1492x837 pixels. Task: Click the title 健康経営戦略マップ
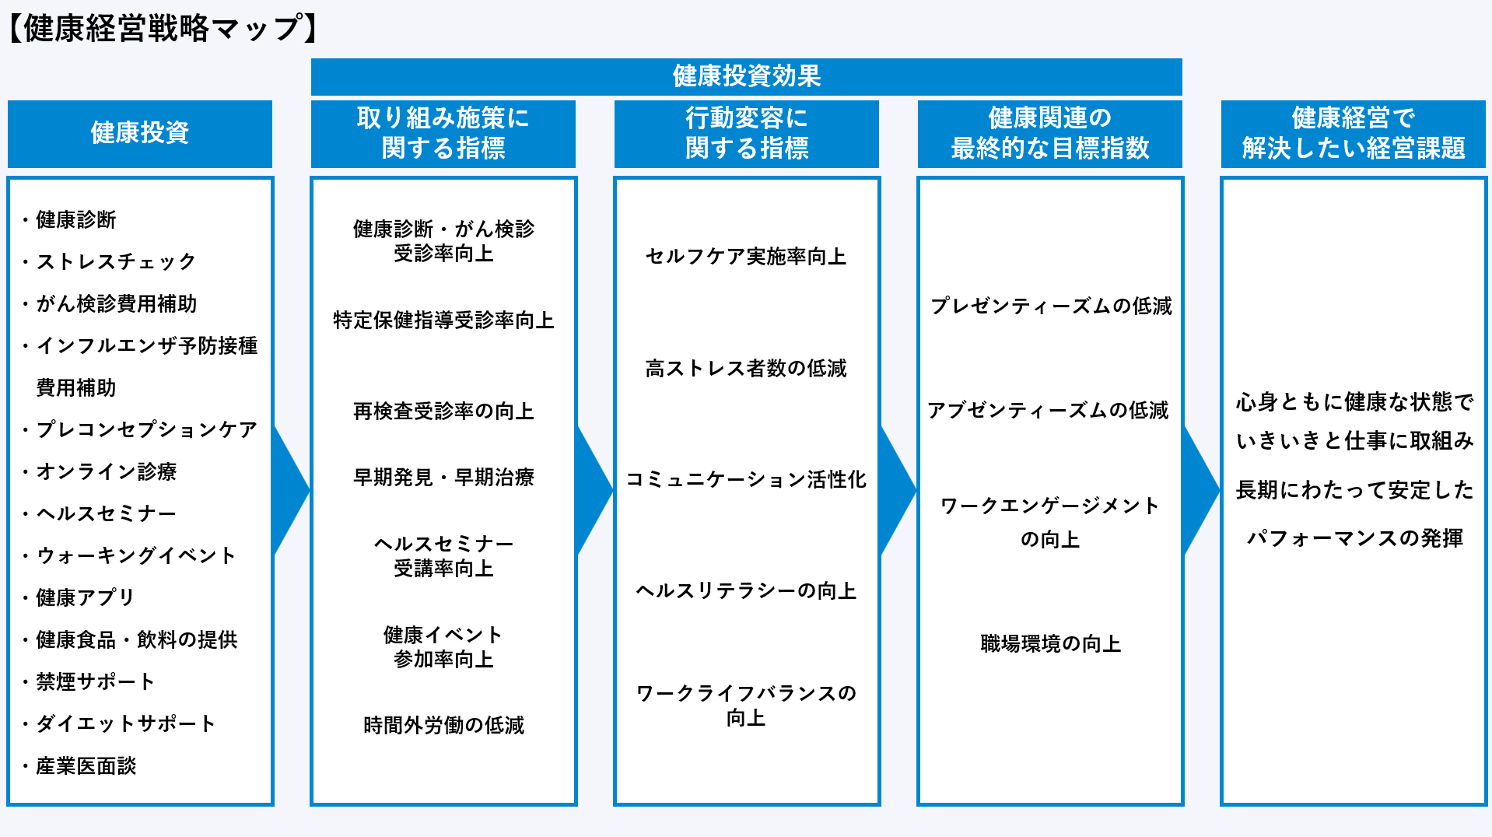[163, 29]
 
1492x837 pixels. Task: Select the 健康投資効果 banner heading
[746, 76]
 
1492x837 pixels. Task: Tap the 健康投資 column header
[140, 133]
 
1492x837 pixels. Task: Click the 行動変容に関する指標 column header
[746, 133]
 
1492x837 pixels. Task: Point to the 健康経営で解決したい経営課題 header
[1353, 133]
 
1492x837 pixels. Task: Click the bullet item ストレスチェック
[116, 261]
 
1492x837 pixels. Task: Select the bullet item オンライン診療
[107, 471]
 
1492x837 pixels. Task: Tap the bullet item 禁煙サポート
[96, 681]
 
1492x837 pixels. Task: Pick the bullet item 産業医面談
[86, 765]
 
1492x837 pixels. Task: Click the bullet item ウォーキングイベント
[136, 555]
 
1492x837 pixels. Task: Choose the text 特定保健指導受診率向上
[443, 320]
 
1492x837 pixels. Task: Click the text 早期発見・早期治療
[443, 477]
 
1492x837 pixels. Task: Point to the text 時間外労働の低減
[443, 725]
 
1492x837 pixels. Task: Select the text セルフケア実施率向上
[746, 257]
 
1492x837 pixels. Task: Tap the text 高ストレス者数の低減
[746, 368]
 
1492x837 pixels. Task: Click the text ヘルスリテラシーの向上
[746, 591]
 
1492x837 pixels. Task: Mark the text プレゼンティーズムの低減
[1050, 306]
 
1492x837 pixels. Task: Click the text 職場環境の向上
[1050, 643]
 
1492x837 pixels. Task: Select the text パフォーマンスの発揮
[1354, 538]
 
